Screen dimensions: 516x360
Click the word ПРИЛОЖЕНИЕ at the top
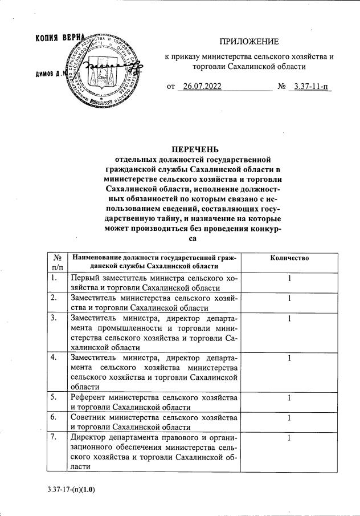(249, 42)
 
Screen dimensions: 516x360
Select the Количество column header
(289, 258)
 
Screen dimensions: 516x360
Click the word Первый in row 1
(86, 278)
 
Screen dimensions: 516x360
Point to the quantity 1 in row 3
(289, 318)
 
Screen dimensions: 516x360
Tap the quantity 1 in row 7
(289, 437)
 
